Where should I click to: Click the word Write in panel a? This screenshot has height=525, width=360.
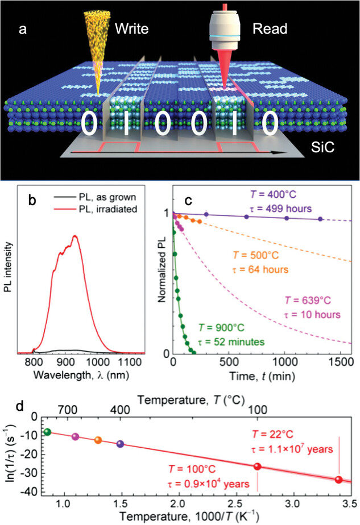click(x=132, y=28)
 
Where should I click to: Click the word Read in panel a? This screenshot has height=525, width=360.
click(x=270, y=28)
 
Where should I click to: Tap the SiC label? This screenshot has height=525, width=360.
click(x=322, y=147)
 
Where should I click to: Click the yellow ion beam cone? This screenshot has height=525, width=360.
click(x=97, y=47)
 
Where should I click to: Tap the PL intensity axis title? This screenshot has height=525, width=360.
click(x=9, y=267)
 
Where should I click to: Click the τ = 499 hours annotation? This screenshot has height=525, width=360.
click(x=281, y=209)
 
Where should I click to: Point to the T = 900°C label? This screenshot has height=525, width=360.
click(x=222, y=327)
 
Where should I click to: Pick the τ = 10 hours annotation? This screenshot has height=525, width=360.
click(x=312, y=314)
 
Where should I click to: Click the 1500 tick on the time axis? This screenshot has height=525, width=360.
click(x=341, y=362)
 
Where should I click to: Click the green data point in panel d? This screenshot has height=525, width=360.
click(x=48, y=432)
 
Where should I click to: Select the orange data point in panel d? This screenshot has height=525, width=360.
click(x=98, y=440)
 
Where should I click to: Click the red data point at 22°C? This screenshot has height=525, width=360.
click(x=339, y=480)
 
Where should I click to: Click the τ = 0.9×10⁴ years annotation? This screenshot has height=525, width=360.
click(x=209, y=484)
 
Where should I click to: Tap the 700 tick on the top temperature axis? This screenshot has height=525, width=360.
click(x=68, y=410)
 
